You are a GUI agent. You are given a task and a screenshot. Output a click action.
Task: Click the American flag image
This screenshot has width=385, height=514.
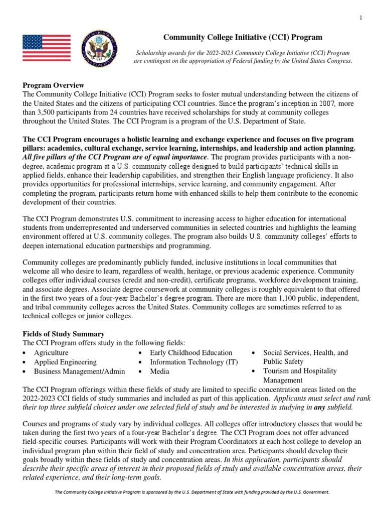(x=47, y=48)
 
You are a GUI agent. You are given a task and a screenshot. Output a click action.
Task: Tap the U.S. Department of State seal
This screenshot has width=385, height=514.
(x=101, y=48)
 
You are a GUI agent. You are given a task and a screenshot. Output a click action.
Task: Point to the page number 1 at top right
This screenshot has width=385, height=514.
(x=360, y=19)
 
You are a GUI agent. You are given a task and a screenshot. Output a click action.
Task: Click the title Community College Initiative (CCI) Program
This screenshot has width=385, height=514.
(x=244, y=37)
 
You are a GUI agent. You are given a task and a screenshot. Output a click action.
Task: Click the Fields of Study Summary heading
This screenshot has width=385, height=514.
(x=64, y=334)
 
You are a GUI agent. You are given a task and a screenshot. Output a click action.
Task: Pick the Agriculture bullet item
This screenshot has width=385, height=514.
(x=51, y=353)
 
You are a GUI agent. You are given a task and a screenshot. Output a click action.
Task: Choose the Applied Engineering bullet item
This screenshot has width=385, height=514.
(x=65, y=362)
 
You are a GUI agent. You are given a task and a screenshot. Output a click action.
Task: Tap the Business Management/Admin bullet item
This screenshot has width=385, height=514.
(x=79, y=371)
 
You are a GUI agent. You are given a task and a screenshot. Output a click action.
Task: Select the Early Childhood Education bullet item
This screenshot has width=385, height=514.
(x=191, y=353)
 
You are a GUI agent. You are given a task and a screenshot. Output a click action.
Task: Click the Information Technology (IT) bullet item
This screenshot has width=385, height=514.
(x=194, y=362)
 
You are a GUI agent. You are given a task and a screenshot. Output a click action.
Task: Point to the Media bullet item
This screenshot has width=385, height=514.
(x=159, y=371)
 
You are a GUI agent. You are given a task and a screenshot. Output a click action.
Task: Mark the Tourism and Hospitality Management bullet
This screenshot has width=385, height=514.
(x=300, y=375)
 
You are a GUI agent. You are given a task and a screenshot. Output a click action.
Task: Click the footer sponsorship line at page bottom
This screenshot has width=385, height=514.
(x=192, y=492)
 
